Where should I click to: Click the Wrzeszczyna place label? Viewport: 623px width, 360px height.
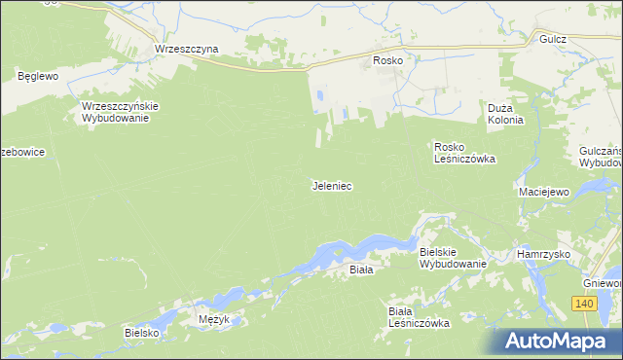tap(186, 48)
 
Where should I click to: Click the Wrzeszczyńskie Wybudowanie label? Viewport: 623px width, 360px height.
tap(120, 112)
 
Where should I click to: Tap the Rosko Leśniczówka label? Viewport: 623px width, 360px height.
tap(465, 152)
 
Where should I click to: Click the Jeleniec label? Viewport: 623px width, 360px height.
tap(331, 184)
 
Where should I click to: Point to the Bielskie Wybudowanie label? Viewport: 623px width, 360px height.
tap(452, 258)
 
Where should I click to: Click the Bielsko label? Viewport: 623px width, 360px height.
tap(141, 332)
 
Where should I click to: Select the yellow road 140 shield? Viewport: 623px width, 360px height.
tap(583, 305)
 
